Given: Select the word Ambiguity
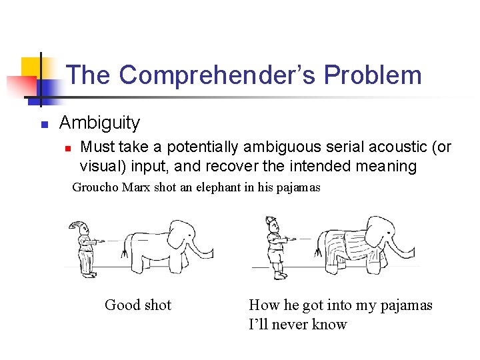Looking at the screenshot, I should (99, 123).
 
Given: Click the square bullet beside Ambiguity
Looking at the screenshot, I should (43, 124).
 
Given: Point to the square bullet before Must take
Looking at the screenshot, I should (67, 147).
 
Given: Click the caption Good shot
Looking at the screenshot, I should (138, 305).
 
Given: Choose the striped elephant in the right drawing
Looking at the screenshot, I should (360, 244).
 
